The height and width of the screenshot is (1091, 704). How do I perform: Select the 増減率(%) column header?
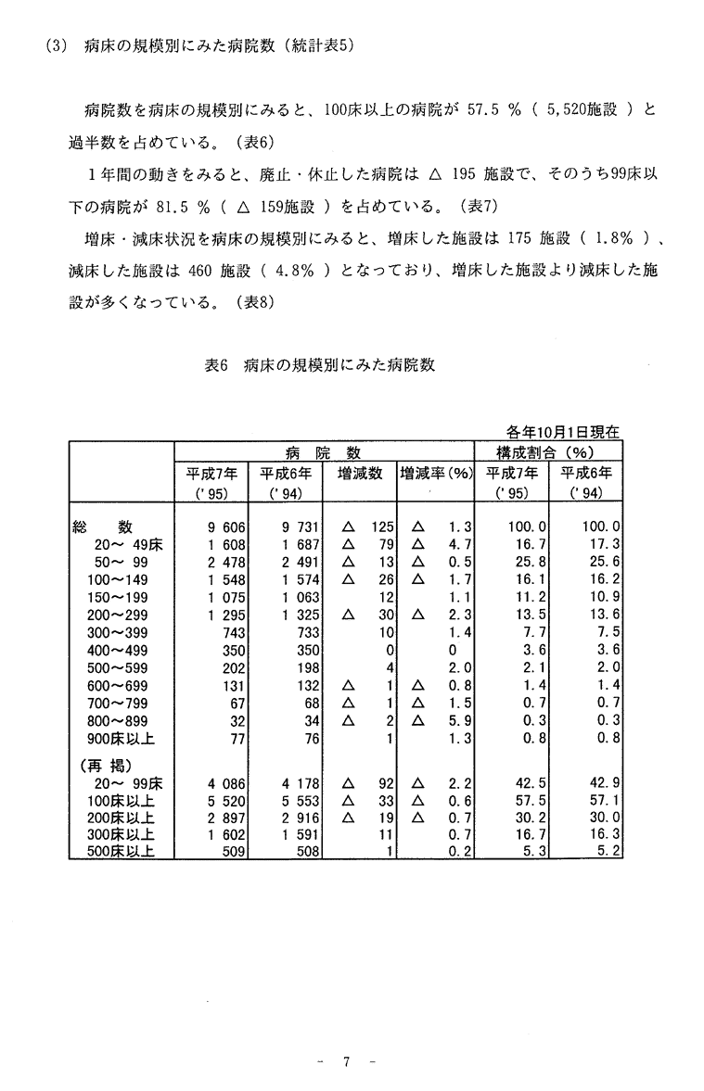pos(435,473)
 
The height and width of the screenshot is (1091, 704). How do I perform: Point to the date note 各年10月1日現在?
pos(563,431)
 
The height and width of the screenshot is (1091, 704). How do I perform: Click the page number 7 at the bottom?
pos(345,1062)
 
